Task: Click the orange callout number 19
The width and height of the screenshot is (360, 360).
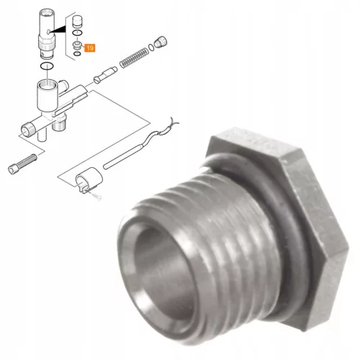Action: [90, 48]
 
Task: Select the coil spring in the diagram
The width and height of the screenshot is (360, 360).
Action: [134, 58]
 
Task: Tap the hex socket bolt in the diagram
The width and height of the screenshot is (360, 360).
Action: [22, 164]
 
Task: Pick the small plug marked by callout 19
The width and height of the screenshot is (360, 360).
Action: [77, 45]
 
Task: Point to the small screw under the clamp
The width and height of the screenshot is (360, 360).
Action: [97, 197]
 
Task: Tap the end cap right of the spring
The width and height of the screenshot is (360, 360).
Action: [161, 42]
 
